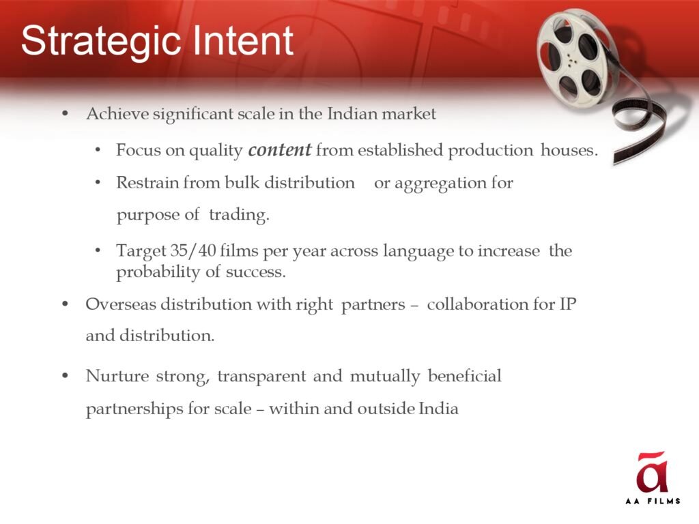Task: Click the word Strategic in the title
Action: tap(101, 42)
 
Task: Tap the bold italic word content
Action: tap(279, 150)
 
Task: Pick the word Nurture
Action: tap(117, 376)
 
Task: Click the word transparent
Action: tap(261, 377)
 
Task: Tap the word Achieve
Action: tap(117, 114)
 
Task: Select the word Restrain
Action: tap(147, 183)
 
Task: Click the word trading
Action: tap(240, 215)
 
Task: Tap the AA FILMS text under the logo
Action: tap(653, 501)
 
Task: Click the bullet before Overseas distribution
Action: tap(66, 304)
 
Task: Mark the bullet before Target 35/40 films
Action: tap(98, 251)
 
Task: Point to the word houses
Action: tap(569, 150)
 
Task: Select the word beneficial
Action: tap(464, 376)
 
